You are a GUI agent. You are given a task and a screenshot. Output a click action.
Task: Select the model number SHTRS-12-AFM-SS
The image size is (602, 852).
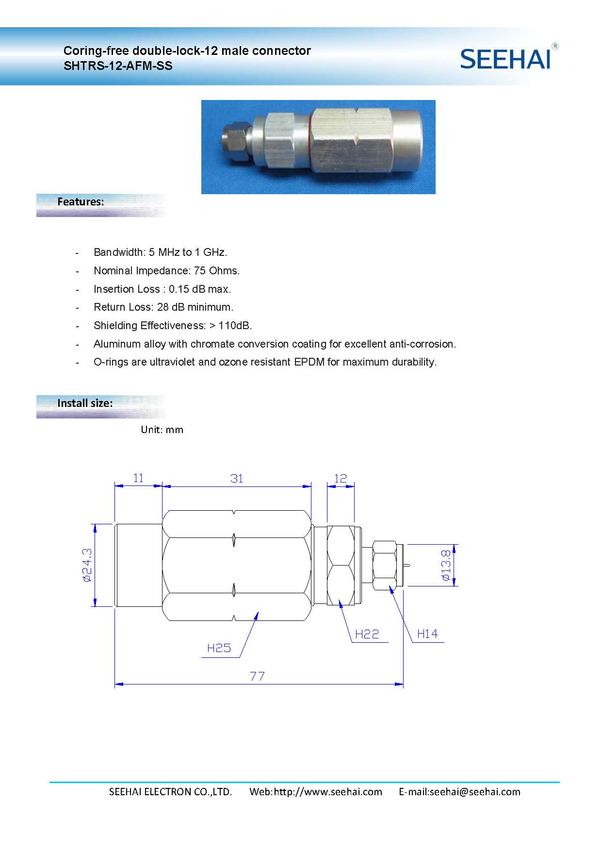[x=118, y=66]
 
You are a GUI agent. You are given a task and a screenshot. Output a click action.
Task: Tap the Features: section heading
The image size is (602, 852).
[x=81, y=201]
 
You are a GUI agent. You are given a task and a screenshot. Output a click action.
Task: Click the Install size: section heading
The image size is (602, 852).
[x=85, y=403]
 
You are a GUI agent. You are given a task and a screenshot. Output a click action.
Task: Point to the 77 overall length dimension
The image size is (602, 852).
[x=257, y=676]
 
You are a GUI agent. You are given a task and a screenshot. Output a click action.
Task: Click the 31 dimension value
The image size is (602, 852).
[x=237, y=479]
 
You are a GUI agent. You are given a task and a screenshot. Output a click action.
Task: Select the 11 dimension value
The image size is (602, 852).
[x=138, y=478]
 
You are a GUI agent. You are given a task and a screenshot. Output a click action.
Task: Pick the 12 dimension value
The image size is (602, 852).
[x=341, y=478]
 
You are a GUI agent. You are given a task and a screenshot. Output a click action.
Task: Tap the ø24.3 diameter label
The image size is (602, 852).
[x=87, y=565]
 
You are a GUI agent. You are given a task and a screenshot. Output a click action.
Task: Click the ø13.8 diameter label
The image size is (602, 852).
[x=446, y=565]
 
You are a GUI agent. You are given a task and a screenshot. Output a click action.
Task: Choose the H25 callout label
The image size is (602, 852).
[x=219, y=648]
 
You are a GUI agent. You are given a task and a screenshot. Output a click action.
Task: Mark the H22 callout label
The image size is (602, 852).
[x=367, y=634]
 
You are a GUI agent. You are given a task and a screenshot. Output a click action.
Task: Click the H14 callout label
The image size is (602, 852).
[x=427, y=634]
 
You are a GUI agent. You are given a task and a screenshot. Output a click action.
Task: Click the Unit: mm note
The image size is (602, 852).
[x=162, y=430]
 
